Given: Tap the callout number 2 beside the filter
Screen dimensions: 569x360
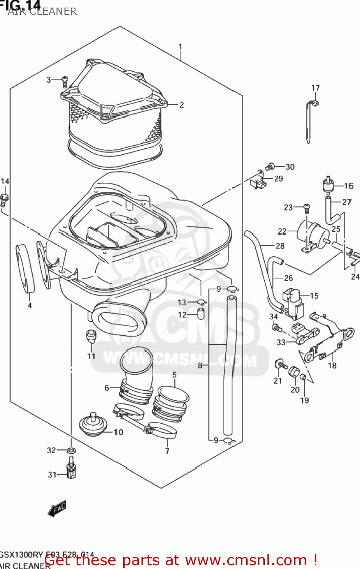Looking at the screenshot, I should (x=181, y=105).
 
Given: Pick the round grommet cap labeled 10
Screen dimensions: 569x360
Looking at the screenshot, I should (x=92, y=426).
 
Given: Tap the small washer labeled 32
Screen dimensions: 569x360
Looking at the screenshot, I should (x=71, y=451).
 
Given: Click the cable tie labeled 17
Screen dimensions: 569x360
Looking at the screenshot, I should (x=309, y=121).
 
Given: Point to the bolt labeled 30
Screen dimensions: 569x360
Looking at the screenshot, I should (x=270, y=167).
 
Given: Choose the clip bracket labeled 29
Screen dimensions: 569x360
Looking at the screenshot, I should (x=258, y=182).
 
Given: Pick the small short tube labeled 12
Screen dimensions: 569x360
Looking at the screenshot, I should (x=201, y=314).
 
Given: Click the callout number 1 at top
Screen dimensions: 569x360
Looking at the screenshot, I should (x=180, y=47).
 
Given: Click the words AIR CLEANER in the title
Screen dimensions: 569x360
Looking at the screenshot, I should (x=42, y=12).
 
